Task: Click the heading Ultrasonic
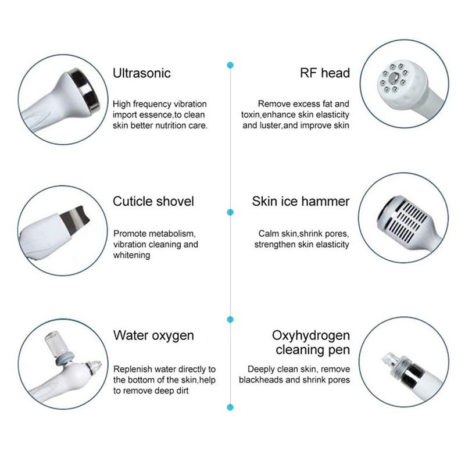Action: pos(142,73)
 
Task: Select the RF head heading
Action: pos(325,73)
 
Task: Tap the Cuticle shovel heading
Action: pos(153,201)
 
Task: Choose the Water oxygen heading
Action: pos(153,335)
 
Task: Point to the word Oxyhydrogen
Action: pos(311,335)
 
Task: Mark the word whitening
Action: pos(132,255)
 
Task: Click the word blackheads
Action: pos(261,380)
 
